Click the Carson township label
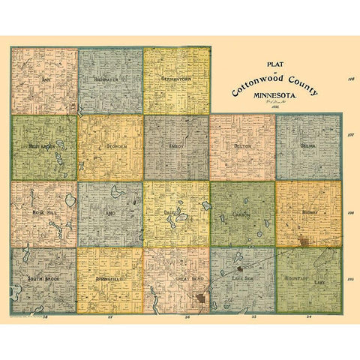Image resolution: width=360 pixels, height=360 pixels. (241, 214)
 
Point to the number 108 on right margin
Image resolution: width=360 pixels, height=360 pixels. (350, 77)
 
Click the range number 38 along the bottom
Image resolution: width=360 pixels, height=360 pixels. (46, 317)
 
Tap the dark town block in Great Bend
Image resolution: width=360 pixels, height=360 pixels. (200, 300)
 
